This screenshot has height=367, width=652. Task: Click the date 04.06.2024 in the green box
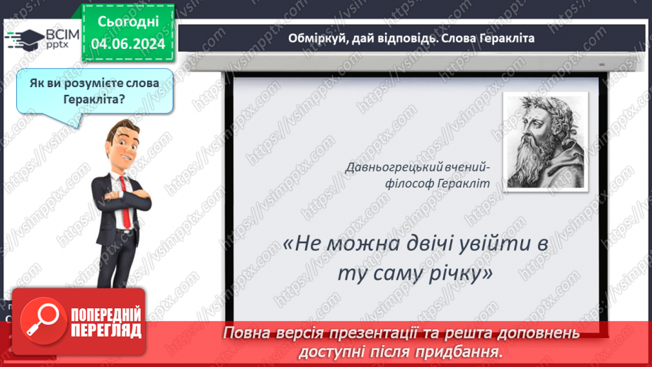pos(128,44)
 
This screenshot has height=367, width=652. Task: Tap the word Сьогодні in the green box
pos(128,22)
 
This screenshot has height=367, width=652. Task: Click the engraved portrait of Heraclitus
pos(545,142)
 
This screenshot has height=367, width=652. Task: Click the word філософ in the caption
pos(406,183)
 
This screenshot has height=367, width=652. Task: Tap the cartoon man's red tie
pos(125,202)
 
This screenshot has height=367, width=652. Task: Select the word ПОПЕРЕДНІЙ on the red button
pos(106,315)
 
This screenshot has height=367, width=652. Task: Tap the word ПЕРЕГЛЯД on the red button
pos(106,331)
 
